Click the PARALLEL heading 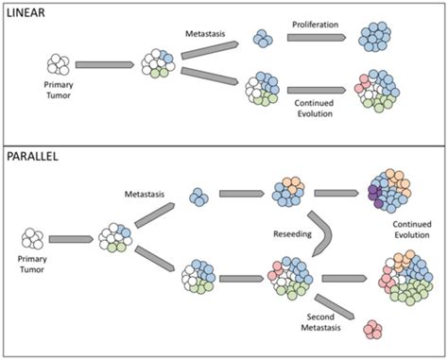tap(35, 155)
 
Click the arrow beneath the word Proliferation tap(315, 39)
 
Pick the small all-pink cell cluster tap(374, 330)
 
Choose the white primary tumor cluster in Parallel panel tap(35, 239)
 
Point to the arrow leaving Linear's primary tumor tap(105, 65)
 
